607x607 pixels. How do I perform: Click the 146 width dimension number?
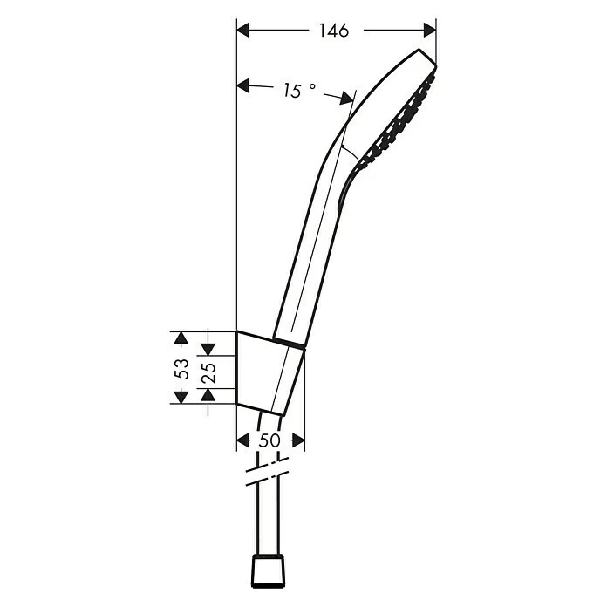tap(333, 31)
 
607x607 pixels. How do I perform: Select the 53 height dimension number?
tap(182, 368)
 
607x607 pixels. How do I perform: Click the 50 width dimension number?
tap(269, 441)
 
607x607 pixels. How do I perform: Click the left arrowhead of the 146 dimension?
tap(244, 31)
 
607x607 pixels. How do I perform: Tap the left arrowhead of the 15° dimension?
tap(244, 85)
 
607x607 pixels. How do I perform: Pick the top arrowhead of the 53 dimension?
tap(180, 338)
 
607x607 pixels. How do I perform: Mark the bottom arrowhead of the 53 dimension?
tap(180, 397)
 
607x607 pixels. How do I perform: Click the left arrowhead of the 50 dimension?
tap(243, 441)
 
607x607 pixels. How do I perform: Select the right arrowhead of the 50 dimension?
tap(297, 441)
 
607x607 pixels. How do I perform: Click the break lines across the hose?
tap(267, 477)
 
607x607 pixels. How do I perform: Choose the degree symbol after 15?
tap(312, 89)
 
